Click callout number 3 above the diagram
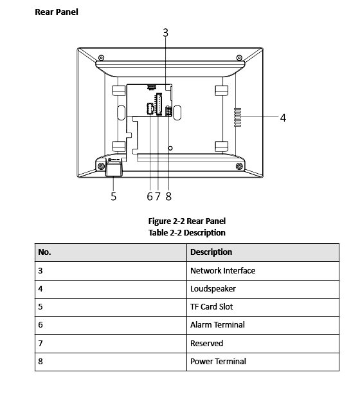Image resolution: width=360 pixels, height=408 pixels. pos(165,33)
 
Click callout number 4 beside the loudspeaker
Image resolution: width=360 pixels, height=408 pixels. pos(283,118)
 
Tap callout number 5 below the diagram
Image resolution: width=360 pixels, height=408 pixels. pos(114,196)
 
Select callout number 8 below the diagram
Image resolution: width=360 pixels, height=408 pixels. pos(168,196)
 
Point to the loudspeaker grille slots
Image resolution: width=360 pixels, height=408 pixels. pos(238,117)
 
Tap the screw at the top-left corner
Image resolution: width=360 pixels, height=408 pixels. pos(102,57)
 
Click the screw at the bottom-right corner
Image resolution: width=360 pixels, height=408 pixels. pos(239,166)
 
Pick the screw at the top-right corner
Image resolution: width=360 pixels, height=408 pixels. pos(239,57)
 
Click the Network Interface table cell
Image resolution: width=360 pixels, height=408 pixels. pos(263,271)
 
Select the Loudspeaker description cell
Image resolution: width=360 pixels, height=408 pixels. pos(263,289)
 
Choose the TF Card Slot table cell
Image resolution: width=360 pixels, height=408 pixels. pos(263,307)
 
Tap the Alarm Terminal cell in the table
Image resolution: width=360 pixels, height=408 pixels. pos(263,325)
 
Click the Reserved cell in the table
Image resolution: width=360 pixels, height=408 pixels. pos(263,344)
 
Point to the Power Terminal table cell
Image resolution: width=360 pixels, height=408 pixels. pos(263,362)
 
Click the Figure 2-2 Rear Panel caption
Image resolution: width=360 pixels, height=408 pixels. pos(187,221)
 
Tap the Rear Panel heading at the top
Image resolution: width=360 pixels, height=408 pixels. pos(57,12)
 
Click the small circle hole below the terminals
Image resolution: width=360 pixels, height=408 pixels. pos(170,148)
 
